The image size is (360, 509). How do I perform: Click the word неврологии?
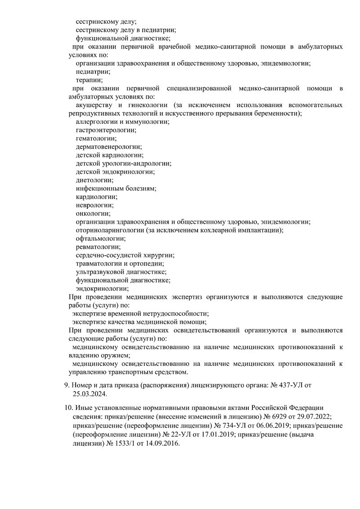(94, 205)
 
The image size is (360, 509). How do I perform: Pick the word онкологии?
(93, 213)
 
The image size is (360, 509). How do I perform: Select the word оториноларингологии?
(110, 230)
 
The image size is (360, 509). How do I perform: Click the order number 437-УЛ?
(292, 385)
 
